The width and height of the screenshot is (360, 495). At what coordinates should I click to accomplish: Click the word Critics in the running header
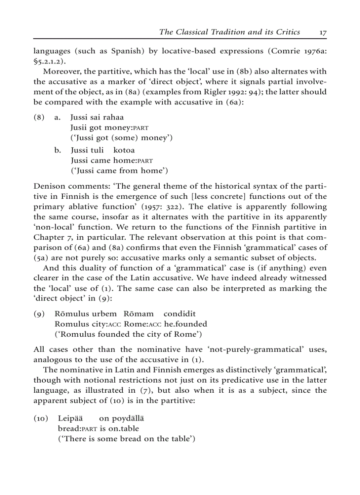pos(286,32)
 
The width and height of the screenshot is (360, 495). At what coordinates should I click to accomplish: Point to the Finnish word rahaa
pos(113,117)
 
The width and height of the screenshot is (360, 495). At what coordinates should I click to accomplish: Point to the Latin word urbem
pos(105,314)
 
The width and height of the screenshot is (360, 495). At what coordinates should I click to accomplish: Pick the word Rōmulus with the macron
pos(72,314)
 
